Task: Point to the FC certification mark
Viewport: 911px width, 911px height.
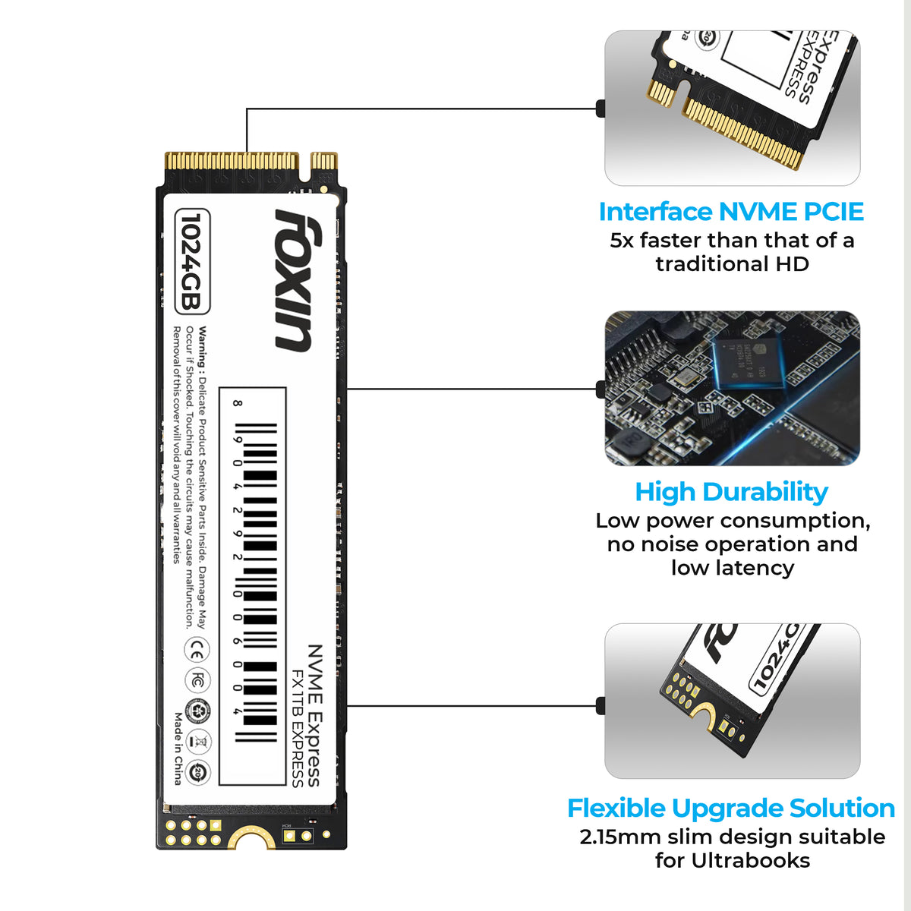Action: click(197, 680)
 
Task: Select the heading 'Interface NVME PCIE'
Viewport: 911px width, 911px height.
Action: click(731, 212)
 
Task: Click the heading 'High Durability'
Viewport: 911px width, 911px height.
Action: click(731, 492)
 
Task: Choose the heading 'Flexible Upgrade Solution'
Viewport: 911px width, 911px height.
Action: click(731, 808)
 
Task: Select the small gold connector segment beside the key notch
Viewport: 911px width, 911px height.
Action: click(324, 161)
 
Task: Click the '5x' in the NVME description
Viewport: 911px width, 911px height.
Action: click(622, 241)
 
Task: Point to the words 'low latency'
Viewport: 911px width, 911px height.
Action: click(732, 568)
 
